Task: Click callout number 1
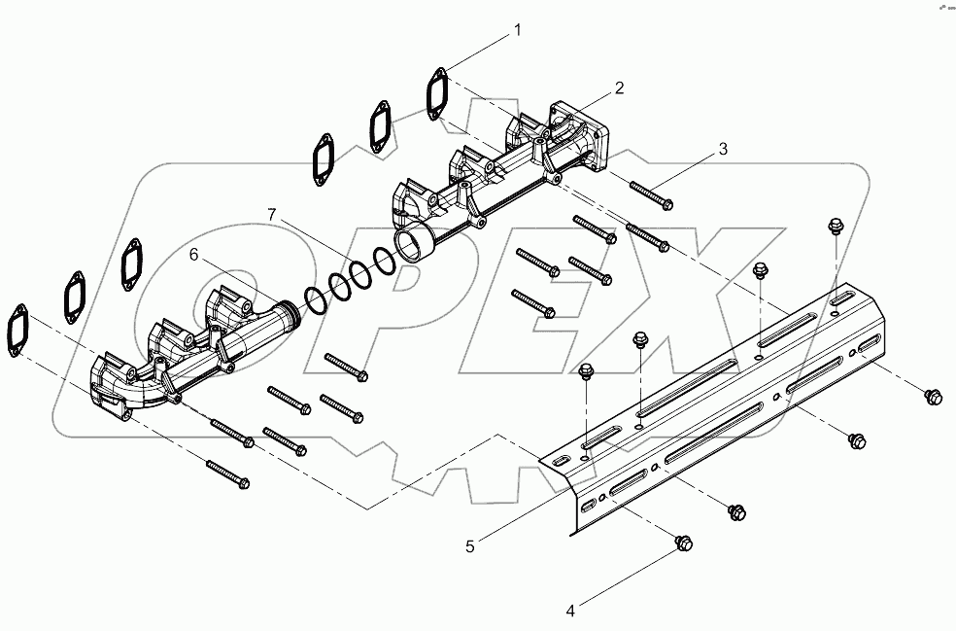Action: point(517,30)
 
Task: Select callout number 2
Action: point(618,88)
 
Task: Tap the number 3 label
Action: point(722,149)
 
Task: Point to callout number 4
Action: point(571,611)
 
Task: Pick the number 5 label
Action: point(470,546)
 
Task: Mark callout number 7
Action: point(273,213)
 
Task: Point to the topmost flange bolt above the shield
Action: point(832,227)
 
